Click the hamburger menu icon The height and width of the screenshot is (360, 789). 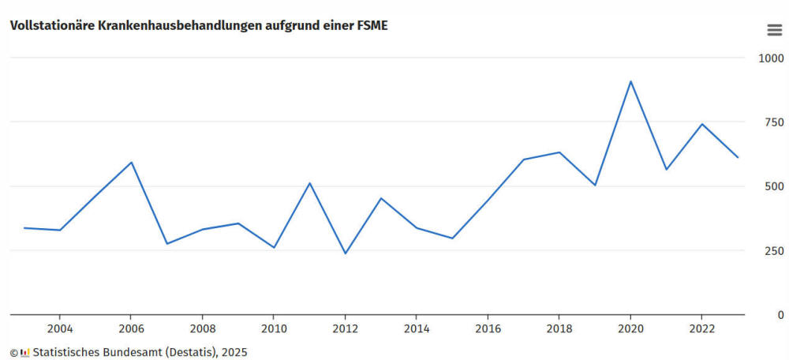tap(775, 30)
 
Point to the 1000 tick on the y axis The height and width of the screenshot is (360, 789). tap(771, 58)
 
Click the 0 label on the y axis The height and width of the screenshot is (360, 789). tap(780, 315)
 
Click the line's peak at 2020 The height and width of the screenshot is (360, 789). tap(630, 81)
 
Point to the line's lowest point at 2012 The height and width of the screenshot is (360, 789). tap(346, 253)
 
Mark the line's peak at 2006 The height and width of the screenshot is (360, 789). tap(131, 163)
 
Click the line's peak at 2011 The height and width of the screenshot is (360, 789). tap(309, 183)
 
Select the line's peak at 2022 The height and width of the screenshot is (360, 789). tap(701, 124)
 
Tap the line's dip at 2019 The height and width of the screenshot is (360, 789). tap(595, 185)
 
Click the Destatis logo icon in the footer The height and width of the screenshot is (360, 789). tap(25, 352)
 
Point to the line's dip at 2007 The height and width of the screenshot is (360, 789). tap(167, 243)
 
